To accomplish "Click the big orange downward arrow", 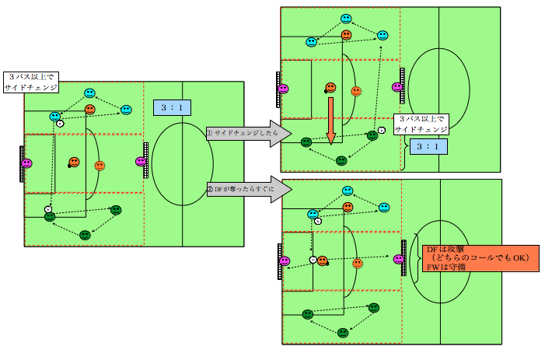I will click(x=330, y=121).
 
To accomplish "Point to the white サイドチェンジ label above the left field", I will click(x=32, y=82).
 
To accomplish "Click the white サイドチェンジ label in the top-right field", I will click(x=421, y=125).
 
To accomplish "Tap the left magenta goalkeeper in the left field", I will click(x=27, y=163).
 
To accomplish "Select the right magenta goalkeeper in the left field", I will click(x=141, y=162).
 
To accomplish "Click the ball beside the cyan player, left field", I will click(x=60, y=124).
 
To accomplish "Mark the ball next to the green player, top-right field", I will click(x=381, y=130).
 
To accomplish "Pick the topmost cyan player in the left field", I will click(x=90, y=93).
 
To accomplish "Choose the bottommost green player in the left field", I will click(x=85, y=234).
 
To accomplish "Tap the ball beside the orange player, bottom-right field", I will click(x=313, y=260).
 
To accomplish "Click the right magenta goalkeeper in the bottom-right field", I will click(x=399, y=259).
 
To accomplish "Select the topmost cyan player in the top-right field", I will click(x=346, y=19).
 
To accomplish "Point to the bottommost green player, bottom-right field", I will click(x=343, y=333).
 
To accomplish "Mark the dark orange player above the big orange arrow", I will click(x=331, y=87).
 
